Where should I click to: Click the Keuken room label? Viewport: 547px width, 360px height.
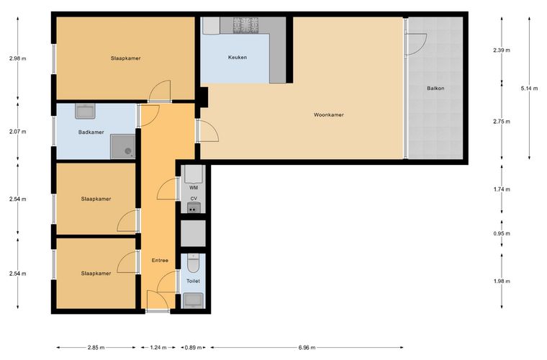(238, 57)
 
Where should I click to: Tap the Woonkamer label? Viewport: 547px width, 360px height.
(329, 114)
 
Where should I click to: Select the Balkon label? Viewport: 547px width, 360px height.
(435, 89)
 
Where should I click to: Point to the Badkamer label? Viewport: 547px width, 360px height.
(91, 132)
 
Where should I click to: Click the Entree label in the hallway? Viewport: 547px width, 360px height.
(160, 260)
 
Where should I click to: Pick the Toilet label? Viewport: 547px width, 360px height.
(194, 281)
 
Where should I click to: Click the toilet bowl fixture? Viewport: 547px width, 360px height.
(194, 264)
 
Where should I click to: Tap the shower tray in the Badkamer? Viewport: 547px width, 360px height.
(123, 147)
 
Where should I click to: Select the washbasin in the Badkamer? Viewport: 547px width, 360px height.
(85, 112)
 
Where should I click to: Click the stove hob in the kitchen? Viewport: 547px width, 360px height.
(246, 25)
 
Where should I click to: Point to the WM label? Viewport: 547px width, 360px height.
(194, 188)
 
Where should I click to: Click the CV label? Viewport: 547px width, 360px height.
(194, 199)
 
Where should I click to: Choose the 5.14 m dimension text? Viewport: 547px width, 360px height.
(529, 89)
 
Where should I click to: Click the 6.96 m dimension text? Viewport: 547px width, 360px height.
(307, 348)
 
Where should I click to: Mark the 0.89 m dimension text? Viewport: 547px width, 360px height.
(194, 348)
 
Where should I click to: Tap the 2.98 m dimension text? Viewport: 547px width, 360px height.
(18, 58)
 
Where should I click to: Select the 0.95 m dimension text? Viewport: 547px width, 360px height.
(502, 234)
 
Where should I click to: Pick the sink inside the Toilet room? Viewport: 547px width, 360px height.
(194, 300)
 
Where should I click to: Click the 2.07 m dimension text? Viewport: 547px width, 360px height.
(18, 132)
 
